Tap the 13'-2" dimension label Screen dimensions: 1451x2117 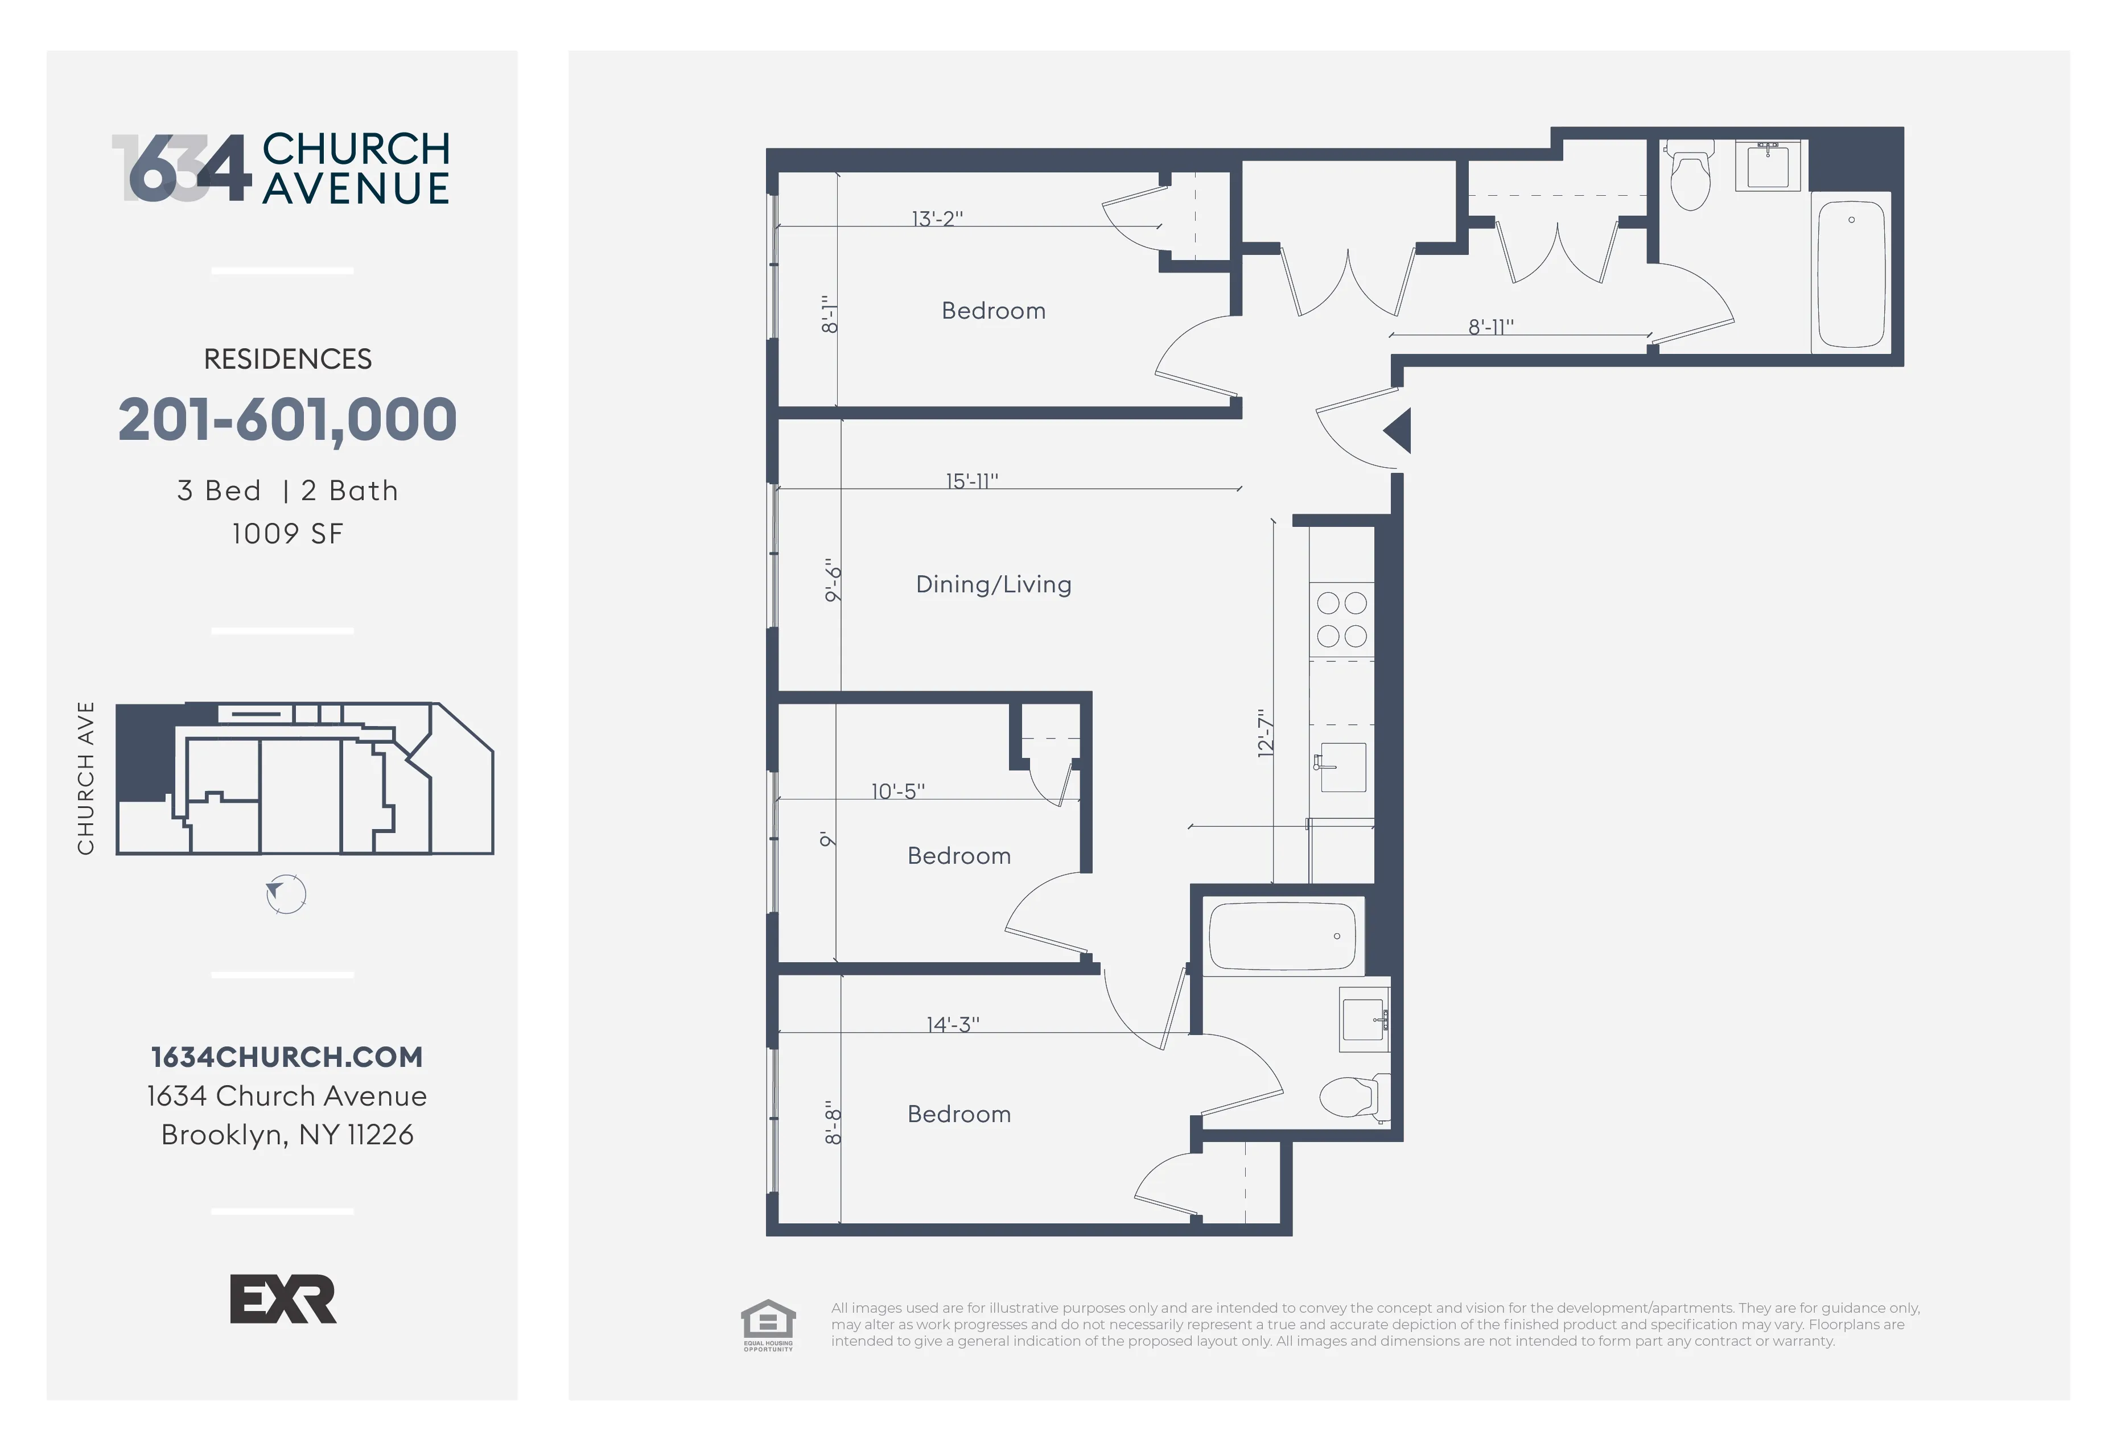[x=937, y=219]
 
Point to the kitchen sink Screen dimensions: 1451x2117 [x=1342, y=767]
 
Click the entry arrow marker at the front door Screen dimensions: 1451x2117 [x=1398, y=430]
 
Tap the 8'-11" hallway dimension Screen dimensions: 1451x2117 [x=1490, y=326]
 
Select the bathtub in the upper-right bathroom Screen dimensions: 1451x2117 [x=1851, y=273]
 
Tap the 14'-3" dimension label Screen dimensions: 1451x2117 [x=952, y=1024]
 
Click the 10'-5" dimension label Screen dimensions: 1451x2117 [x=897, y=790]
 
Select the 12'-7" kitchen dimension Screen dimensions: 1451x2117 [x=1265, y=733]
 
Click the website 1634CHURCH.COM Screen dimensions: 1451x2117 [x=287, y=1057]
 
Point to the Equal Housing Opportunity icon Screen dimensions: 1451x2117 [x=768, y=1324]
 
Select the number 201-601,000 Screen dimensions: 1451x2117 [x=287, y=420]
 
